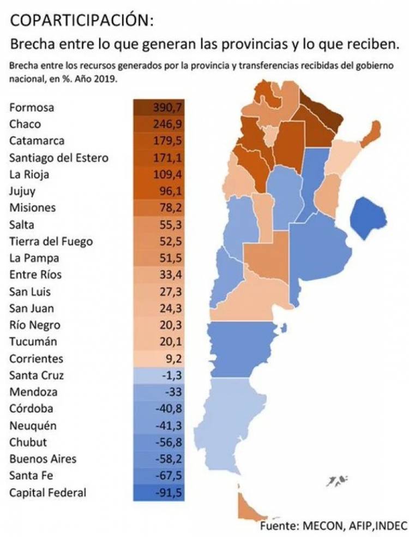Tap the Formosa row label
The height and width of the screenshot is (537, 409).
tap(32, 108)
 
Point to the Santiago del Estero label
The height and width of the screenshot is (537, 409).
tap(59, 158)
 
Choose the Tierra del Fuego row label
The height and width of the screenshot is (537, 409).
tap(51, 242)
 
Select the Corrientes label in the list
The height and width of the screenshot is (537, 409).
tap(36, 359)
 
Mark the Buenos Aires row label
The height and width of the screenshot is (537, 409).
tap(43, 459)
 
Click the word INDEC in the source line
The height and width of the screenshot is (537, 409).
tap(389, 526)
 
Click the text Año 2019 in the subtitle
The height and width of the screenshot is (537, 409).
tap(101, 79)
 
